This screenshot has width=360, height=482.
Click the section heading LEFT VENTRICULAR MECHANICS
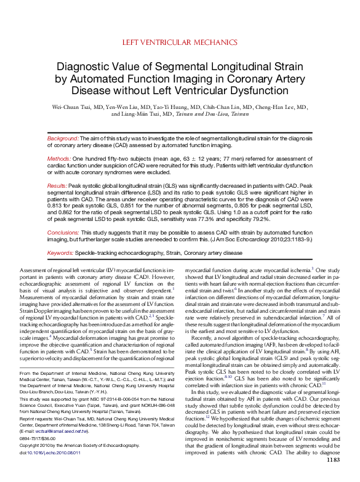pyautogui.click(x=180, y=42)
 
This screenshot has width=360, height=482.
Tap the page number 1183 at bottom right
pyautogui.click(x=332, y=476)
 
